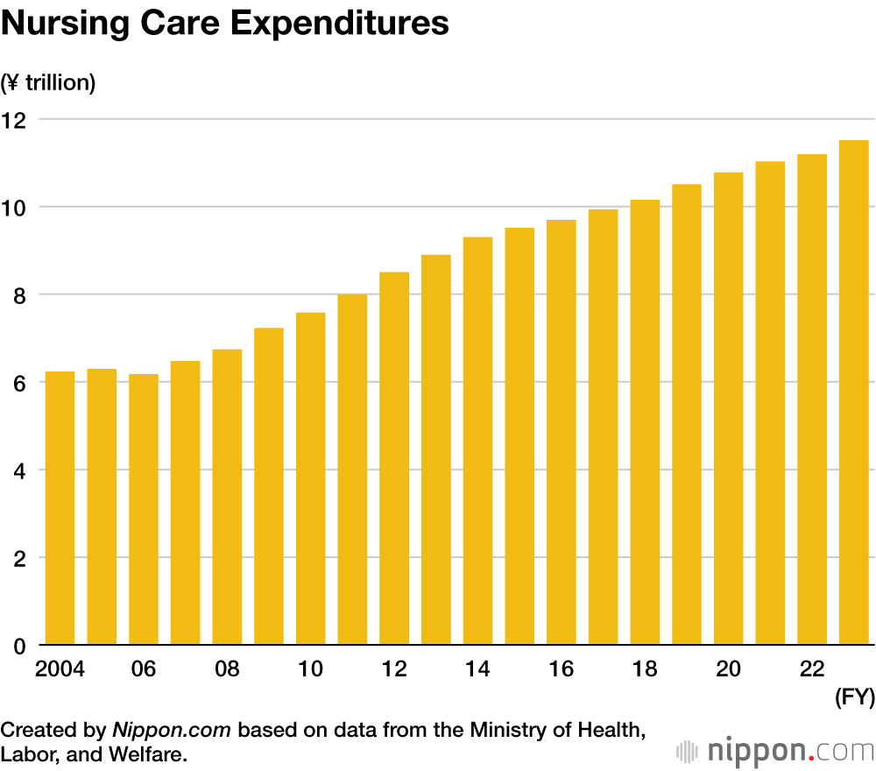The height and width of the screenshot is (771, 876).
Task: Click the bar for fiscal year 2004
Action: coord(60,508)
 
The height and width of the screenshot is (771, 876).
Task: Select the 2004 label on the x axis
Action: coord(60,669)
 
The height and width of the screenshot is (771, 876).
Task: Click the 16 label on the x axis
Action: coord(562,669)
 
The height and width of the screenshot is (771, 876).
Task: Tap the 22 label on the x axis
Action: coord(812,669)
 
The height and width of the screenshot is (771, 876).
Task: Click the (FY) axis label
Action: coord(852,698)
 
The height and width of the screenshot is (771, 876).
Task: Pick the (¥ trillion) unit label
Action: coord(48,83)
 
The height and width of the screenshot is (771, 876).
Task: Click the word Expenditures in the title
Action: coord(342,25)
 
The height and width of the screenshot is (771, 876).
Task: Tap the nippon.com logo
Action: coord(775,751)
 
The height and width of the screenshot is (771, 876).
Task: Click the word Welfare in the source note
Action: coord(152,753)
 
